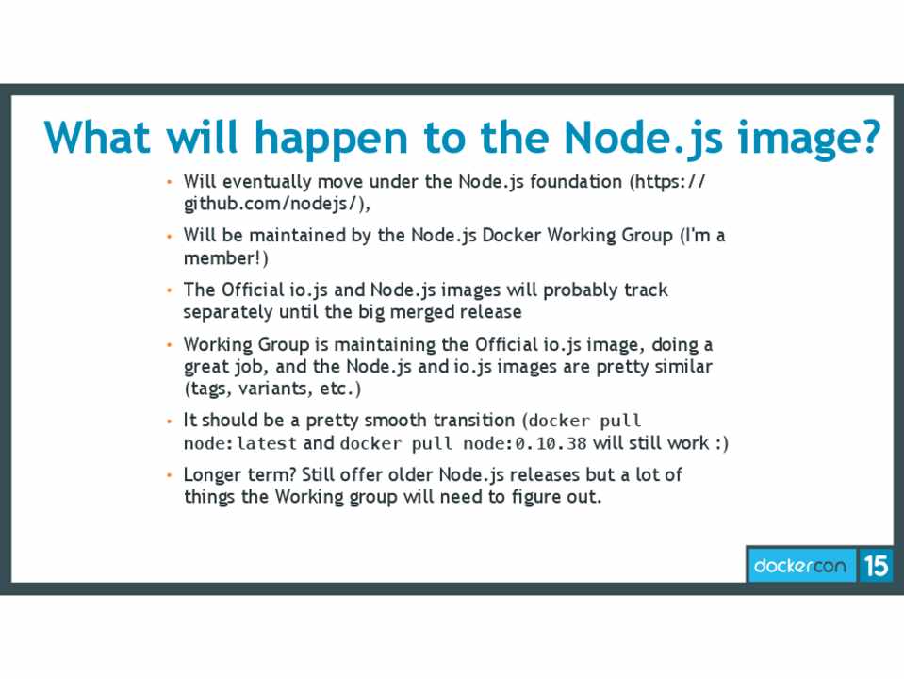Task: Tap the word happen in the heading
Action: coord(331,140)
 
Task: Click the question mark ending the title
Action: coord(867,137)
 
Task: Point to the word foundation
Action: coord(576,181)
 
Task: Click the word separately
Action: coord(228,313)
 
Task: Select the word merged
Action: coord(422,313)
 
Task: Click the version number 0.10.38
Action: coord(551,443)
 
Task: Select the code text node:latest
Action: coord(239,443)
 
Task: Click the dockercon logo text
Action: coord(799,565)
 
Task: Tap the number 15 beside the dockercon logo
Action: coord(876,565)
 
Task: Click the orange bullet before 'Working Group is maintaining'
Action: coord(170,345)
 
